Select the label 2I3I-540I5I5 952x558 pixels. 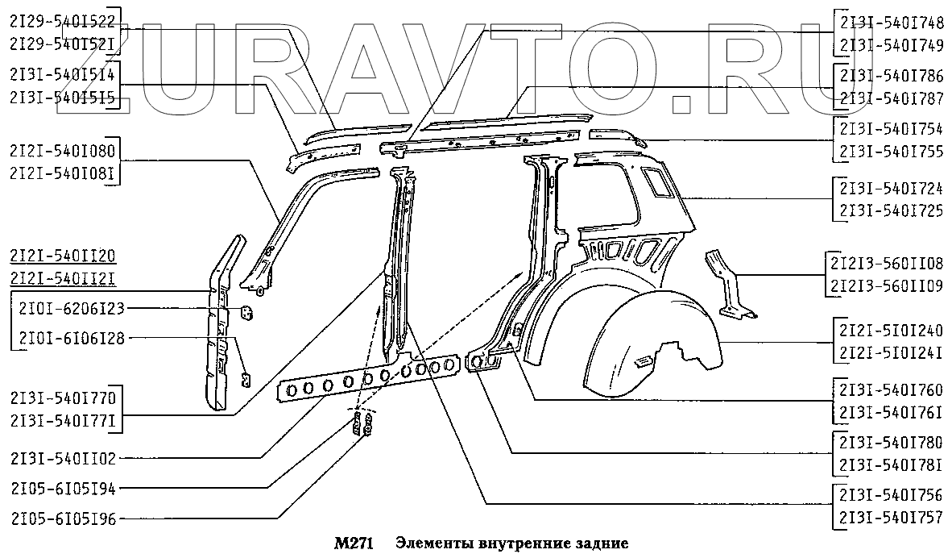pyautogui.click(x=64, y=95)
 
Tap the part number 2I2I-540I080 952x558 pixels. pyautogui.click(x=64, y=151)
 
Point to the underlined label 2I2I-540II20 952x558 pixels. pyautogui.click(x=64, y=257)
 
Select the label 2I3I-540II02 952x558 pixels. pyautogui.click(x=64, y=458)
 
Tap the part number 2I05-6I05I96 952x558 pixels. pyautogui.click(x=64, y=518)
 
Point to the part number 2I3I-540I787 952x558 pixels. pyautogui.click(x=891, y=98)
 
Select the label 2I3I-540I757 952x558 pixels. pyautogui.click(x=891, y=519)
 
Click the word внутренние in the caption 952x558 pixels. pyautogui.click(x=509, y=544)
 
